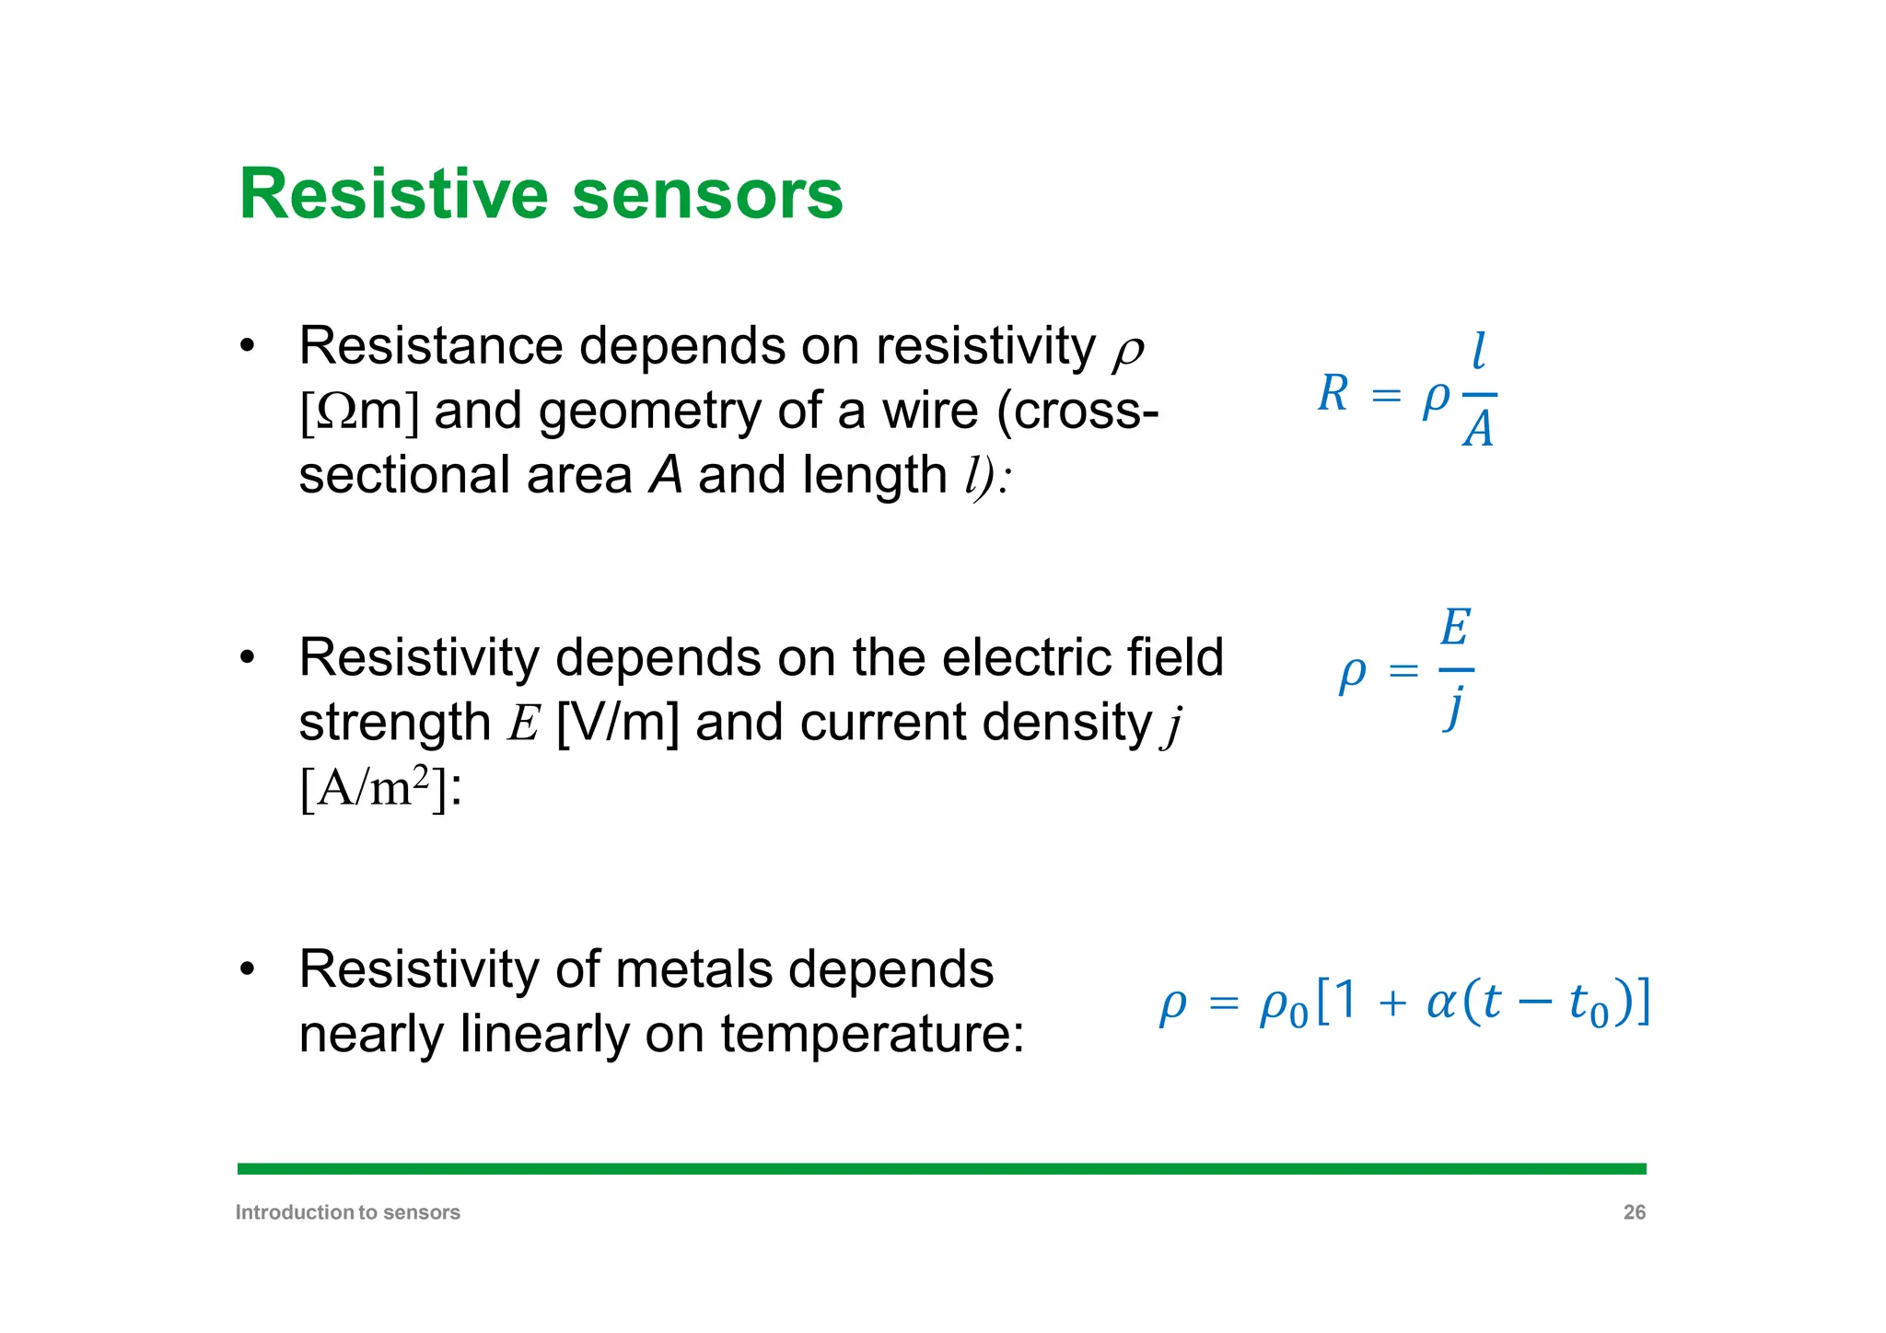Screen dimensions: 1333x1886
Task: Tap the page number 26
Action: pyautogui.click(x=1634, y=1212)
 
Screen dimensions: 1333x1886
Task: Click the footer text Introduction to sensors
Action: pyautogui.click(x=347, y=1212)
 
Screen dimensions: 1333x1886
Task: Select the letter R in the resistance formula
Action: pyautogui.click(x=1333, y=394)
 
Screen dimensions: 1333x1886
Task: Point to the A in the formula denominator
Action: pyautogui.click(x=1478, y=429)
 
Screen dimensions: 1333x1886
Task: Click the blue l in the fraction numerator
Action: pyautogui.click(x=1479, y=351)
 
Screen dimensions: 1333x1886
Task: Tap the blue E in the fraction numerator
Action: pyautogui.click(x=1455, y=629)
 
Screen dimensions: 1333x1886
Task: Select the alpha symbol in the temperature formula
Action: pyautogui.click(x=1439, y=1003)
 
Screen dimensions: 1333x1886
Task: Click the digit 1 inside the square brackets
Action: pyautogui.click(x=1345, y=1000)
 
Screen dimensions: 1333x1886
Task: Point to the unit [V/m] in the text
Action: pyautogui.click(x=618, y=723)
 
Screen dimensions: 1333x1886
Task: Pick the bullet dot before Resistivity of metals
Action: pyautogui.click(x=246, y=969)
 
